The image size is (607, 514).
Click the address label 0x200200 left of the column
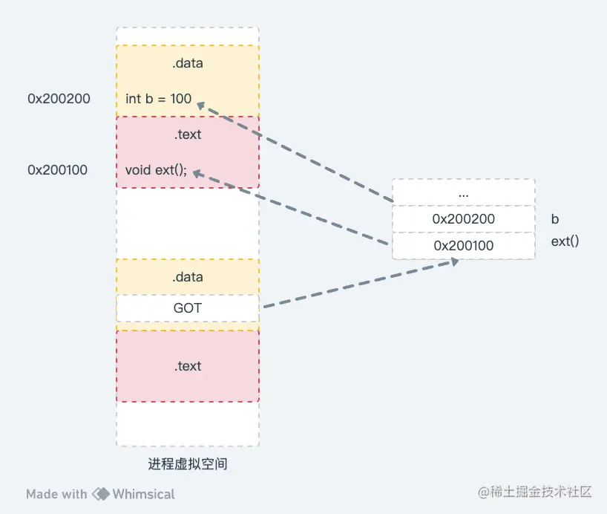point(59,98)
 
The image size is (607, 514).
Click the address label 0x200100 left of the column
point(57,170)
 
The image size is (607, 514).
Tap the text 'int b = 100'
point(158,98)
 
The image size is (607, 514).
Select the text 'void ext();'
point(156,170)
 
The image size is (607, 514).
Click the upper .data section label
point(187,63)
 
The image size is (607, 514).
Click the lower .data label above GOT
point(187,277)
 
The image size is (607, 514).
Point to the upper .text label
point(187,134)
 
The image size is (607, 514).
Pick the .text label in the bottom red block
point(187,366)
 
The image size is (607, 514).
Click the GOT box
point(187,307)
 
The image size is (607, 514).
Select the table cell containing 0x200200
point(463,219)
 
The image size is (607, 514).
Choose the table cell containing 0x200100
point(463,245)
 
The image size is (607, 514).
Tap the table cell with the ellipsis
point(463,193)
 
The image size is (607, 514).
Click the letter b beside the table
point(555,219)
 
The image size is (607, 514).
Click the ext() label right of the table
point(565,241)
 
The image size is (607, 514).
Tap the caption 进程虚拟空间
point(187,464)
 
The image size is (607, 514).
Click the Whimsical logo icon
point(100,494)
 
